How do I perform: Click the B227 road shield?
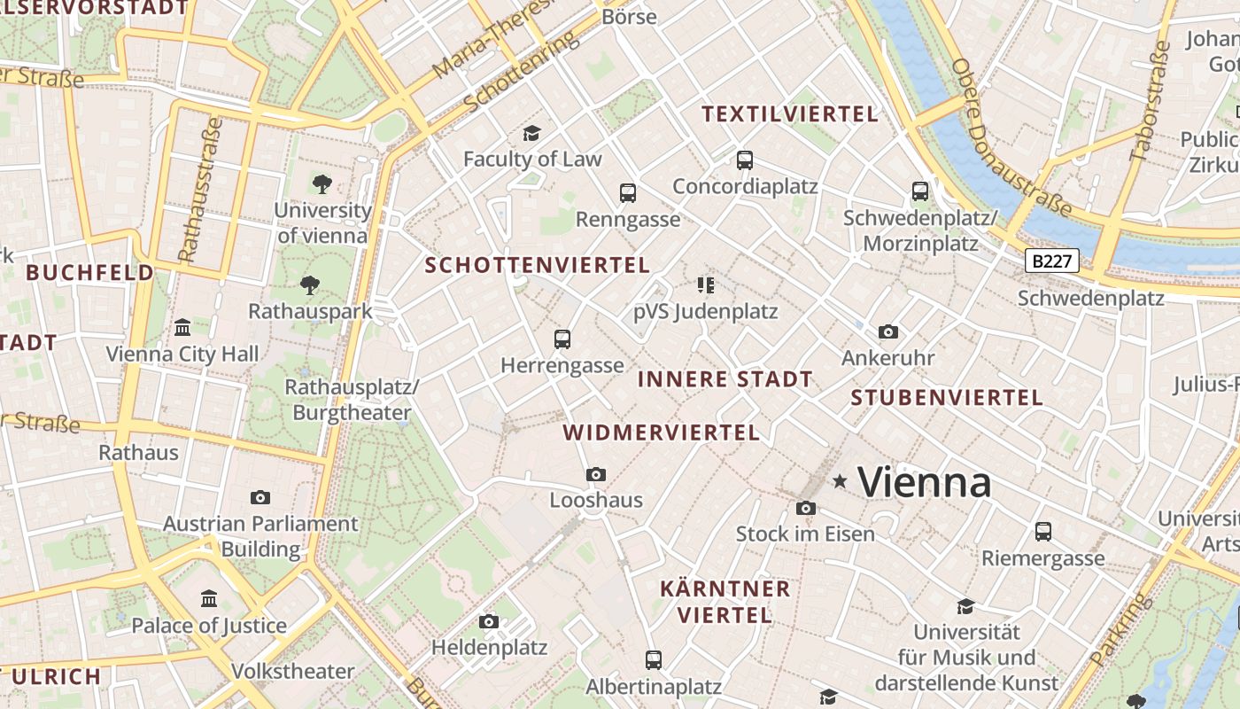(x=1052, y=261)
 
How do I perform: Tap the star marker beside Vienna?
(x=840, y=481)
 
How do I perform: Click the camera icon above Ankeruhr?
(x=888, y=331)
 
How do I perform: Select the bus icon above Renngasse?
(x=628, y=192)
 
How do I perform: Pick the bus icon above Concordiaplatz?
(x=745, y=160)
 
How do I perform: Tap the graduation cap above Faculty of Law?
(x=531, y=133)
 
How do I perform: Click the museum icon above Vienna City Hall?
(x=182, y=327)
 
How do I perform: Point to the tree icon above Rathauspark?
(x=310, y=284)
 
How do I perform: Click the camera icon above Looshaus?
(x=596, y=474)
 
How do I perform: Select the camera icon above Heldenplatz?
(x=489, y=621)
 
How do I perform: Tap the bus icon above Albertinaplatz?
(x=654, y=659)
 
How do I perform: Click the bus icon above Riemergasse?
(x=1043, y=532)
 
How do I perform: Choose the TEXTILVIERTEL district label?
(x=790, y=113)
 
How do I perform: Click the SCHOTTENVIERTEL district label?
(x=538, y=265)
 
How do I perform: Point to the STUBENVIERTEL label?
(x=947, y=398)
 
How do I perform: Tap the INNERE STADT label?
(x=725, y=379)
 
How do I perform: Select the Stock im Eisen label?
(x=805, y=534)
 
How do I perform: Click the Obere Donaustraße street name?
(x=1011, y=139)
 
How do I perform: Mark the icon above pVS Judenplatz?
(x=706, y=284)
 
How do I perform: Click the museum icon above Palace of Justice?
(x=209, y=598)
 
